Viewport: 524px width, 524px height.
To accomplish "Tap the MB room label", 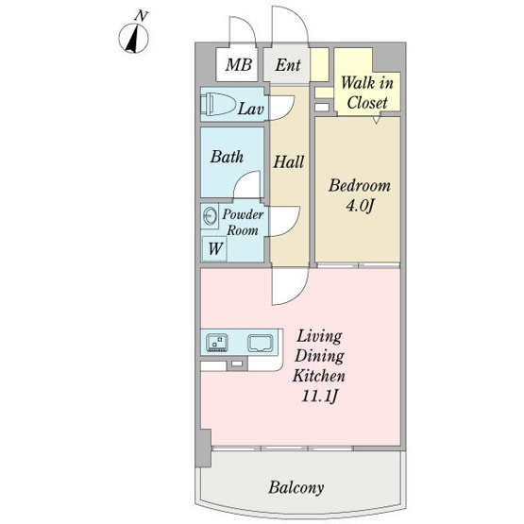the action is (x=238, y=64).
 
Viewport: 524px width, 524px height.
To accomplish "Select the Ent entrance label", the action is (x=288, y=65).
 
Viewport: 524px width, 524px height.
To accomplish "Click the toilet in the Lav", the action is (x=217, y=104).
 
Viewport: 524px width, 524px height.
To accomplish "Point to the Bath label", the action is (x=227, y=157).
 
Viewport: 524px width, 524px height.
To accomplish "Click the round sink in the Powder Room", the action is (x=211, y=216).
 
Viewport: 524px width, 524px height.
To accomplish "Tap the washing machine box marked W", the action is (x=214, y=249).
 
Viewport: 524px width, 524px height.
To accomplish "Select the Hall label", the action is (x=288, y=161).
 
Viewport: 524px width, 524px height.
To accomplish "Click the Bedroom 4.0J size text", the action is (x=360, y=206).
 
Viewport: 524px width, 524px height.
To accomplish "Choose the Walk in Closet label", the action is (x=367, y=93).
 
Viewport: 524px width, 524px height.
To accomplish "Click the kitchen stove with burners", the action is (x=217, y=343).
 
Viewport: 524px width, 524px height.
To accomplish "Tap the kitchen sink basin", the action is (x=260, y=344).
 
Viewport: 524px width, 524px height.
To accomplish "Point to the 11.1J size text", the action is (x=319, y=397).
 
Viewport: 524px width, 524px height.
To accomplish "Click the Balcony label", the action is (x=296, y=487).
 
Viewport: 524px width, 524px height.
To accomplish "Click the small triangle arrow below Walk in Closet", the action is (x=377, y=120).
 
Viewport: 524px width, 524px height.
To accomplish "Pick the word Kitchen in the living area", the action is (x=319, y=376).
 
